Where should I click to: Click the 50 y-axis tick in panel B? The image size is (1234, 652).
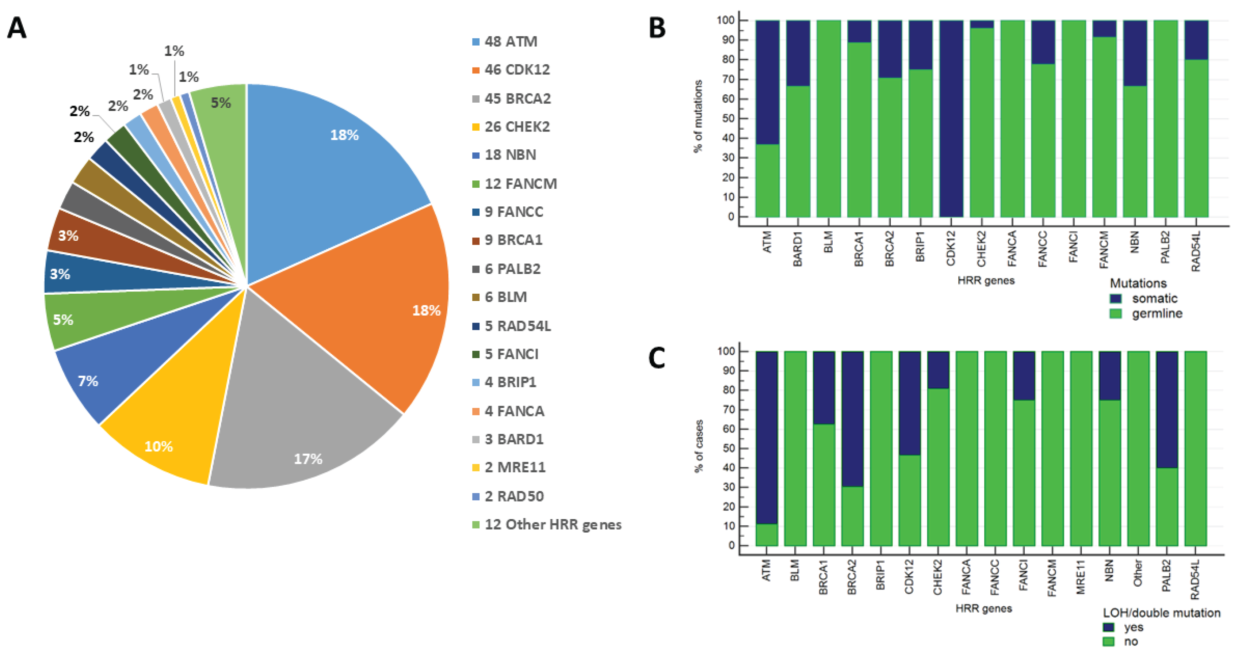(x=728, y=118)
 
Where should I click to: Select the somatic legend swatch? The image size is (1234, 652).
(x=1116, y=298)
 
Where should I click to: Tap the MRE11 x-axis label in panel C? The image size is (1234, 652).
(x=1081, y=577)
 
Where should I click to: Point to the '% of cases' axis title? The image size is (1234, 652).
(x=699, y=446)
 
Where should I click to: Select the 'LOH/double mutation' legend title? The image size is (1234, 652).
(x=1161, y=613)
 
